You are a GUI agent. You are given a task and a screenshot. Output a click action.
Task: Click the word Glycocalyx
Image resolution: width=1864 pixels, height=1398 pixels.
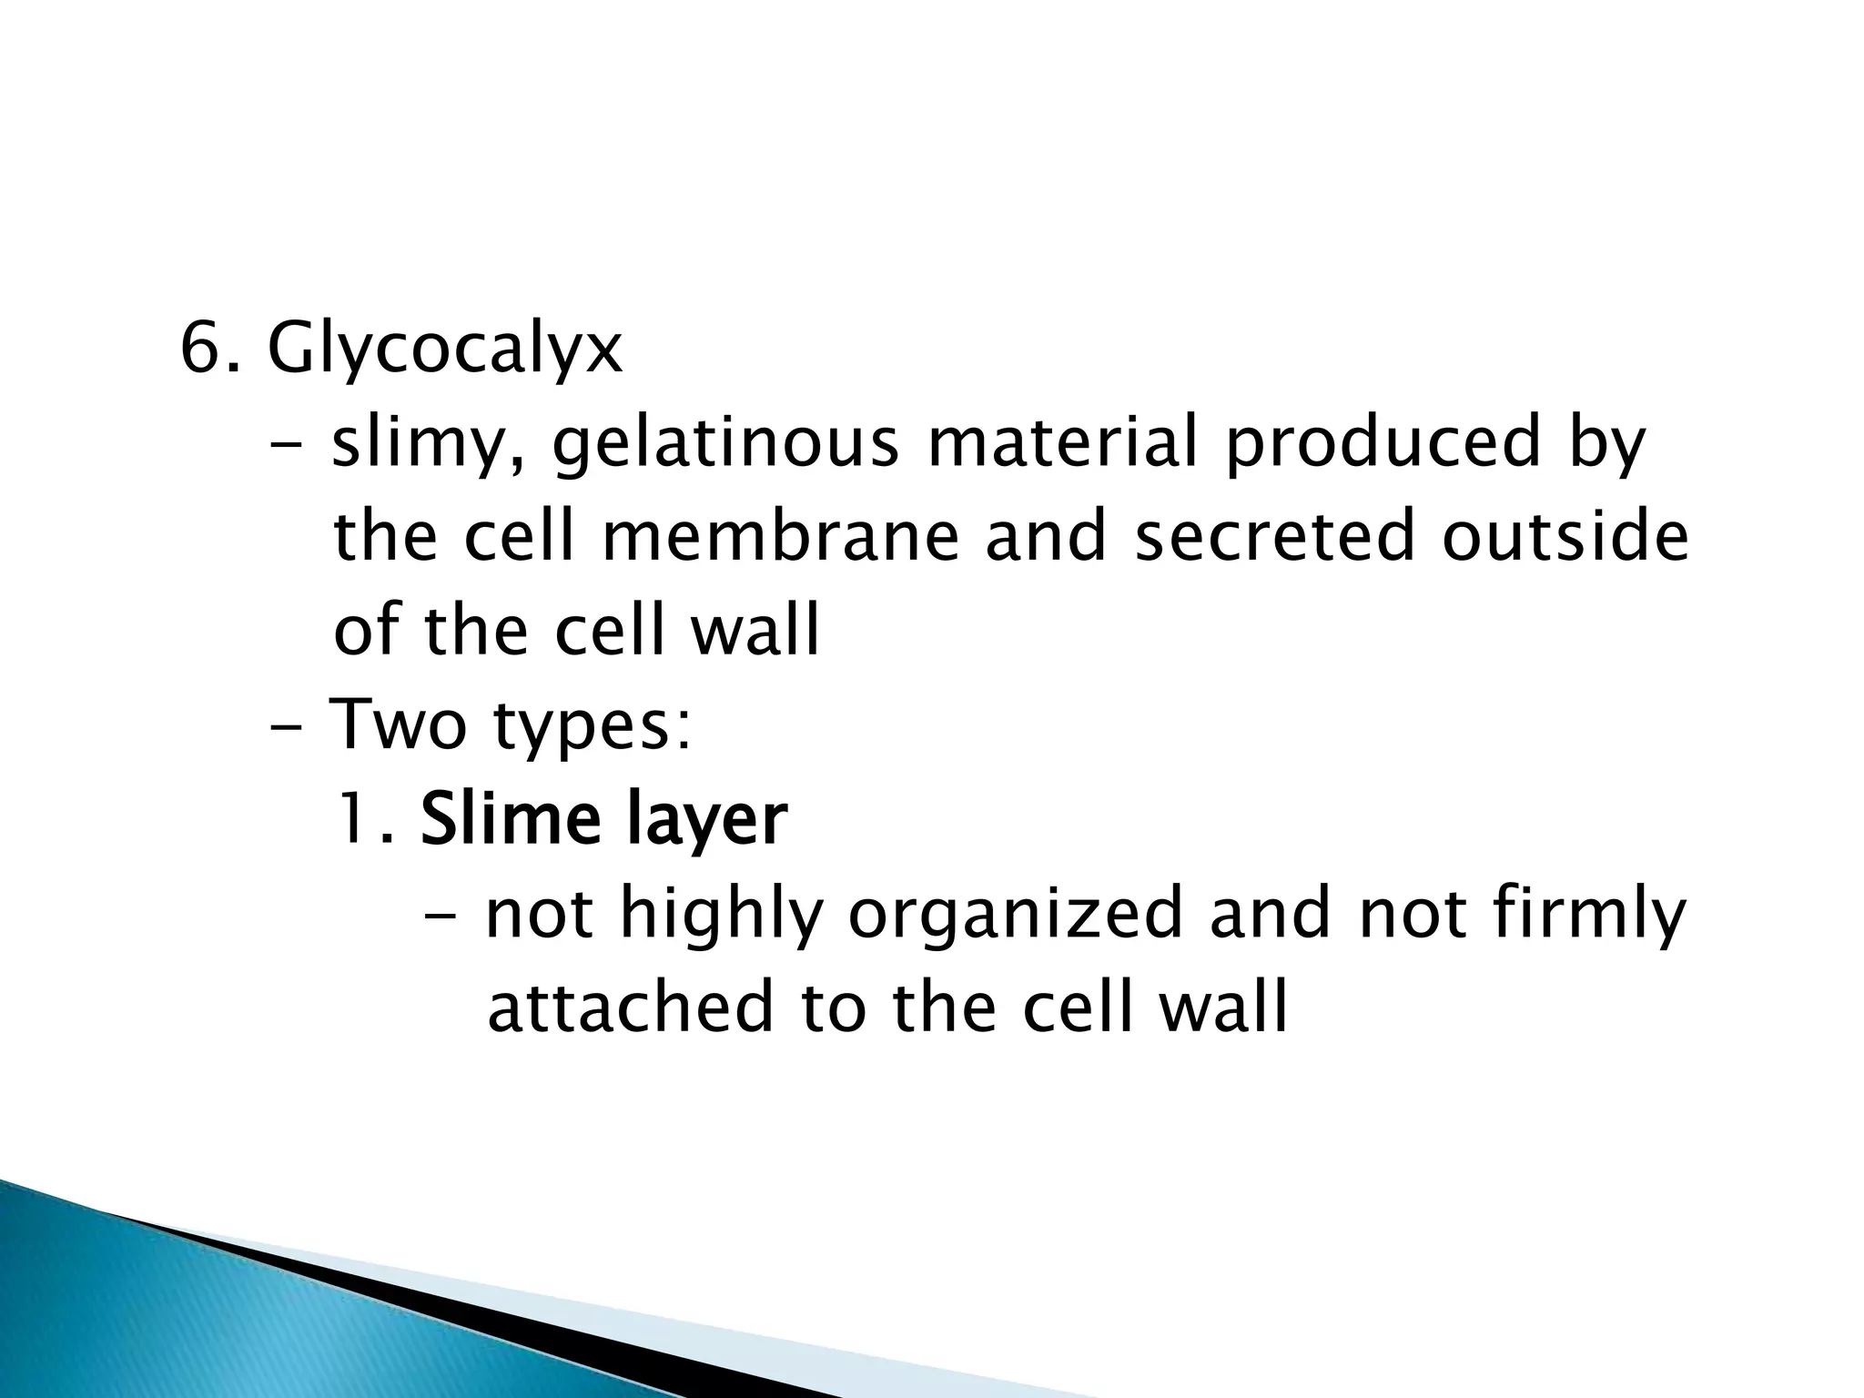(x=445, y=349)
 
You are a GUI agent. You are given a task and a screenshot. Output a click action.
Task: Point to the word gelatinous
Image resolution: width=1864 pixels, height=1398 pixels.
(x=724, y=444)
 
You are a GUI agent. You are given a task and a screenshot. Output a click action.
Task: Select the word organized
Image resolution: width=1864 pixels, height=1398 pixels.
(x=1015, y=916)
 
